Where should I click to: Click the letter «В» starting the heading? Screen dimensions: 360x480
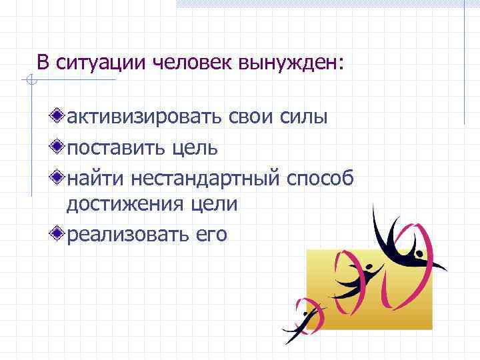43,63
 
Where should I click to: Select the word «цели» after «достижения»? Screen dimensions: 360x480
216,205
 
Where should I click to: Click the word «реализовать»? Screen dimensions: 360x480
128,234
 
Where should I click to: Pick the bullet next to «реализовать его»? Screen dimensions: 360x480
59,234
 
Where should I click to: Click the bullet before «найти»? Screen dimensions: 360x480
59,177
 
